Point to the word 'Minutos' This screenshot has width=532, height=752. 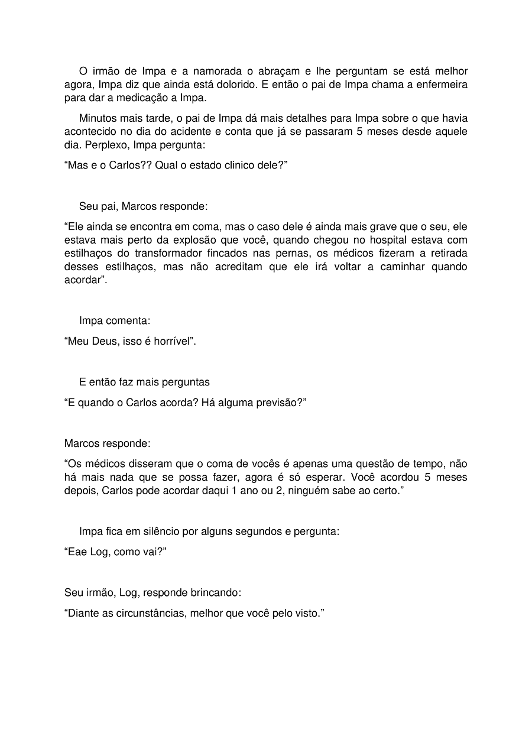coord(98,118)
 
